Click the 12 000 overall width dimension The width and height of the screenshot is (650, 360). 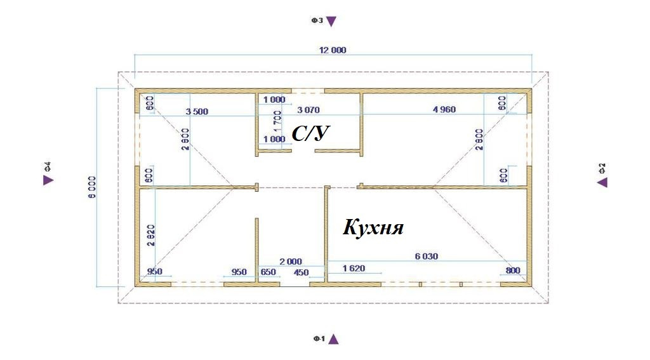tap(333, 50)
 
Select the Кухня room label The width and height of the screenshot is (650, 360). tap(373, 227)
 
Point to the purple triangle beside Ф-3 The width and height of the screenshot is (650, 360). tap(331, 22)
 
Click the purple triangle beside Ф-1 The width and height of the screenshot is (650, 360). tap(333, 339)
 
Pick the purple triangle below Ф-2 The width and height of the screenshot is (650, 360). tap(602, 182)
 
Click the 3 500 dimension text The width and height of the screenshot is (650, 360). tap(197, 112)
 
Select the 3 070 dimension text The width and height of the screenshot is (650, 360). tap(308, 110)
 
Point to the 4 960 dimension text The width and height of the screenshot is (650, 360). tap(444, 110)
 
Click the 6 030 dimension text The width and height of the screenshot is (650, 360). tap(427, 257)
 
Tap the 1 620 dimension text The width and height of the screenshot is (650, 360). tap(354, 269)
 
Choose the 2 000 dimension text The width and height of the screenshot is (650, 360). tap(291, 261)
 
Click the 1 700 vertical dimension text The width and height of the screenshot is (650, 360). tap(277, 120)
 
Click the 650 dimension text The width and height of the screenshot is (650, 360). tap(269, 272)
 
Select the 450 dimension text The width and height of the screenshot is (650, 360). tap(300, 272)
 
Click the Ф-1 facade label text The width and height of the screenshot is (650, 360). tap(319, 340)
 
